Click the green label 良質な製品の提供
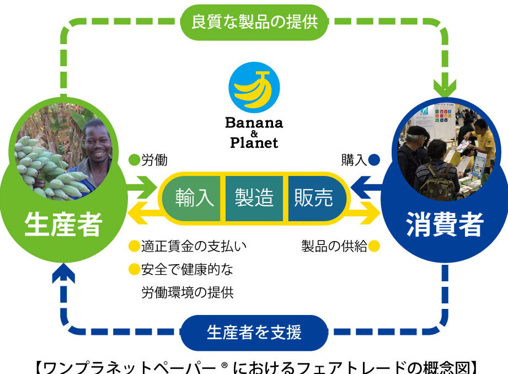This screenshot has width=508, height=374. (x=254, y=22)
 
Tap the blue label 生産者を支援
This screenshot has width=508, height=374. (x=254, y=333)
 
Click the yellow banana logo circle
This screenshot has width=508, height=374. (x=254, y=88)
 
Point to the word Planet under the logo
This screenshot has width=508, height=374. (x=254, y=143)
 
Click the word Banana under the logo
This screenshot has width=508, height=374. (x=254, y=123)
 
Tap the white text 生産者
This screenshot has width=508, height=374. (x=63, y=225)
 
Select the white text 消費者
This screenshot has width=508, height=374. (x=445, y=225)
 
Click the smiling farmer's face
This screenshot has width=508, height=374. (x=97, y=142)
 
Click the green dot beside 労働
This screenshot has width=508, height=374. (x=134, y=160)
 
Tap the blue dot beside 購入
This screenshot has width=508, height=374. (x=374, y=160)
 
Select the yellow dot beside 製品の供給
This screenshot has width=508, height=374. (x=374, y=246)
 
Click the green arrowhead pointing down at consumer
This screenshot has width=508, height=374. (x=445, y=88)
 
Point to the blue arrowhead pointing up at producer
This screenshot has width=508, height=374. (x=63, y=273)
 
